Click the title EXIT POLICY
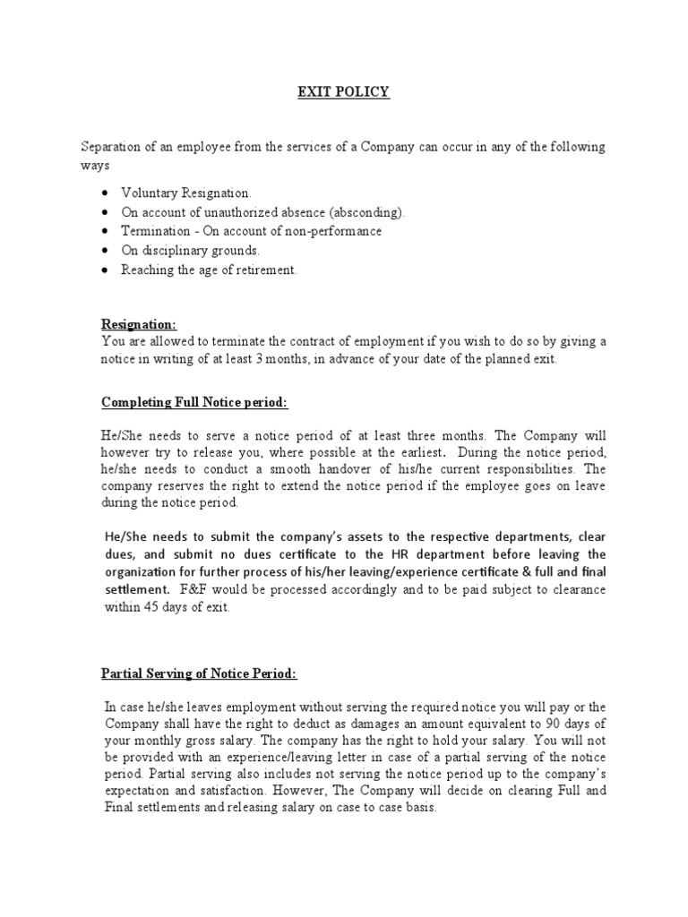tap(343, 91)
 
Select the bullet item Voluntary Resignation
tap(186, 193)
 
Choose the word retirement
tap(260, 270)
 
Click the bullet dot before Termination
tap(107, 232)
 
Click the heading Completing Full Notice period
tap(193, 403)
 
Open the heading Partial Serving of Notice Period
tap(197, 673)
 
